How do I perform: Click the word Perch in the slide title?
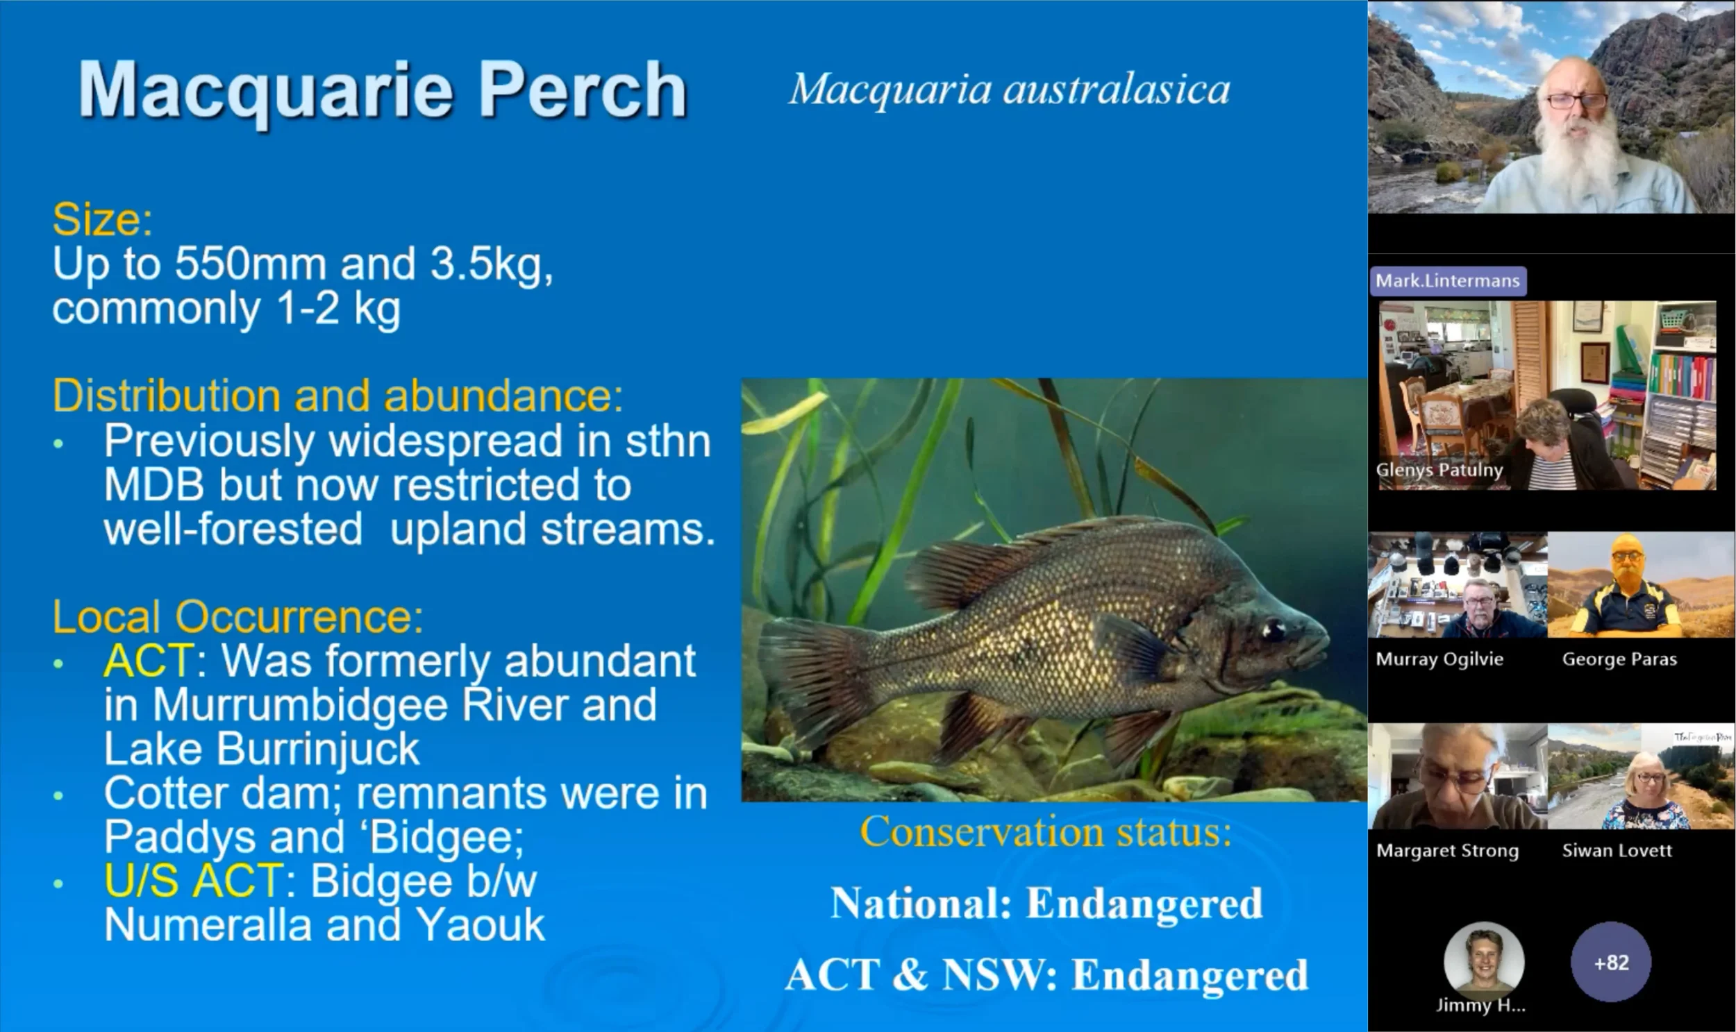click(583, 90)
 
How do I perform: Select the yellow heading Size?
click(102, 220)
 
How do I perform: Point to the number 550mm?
click(250, 264)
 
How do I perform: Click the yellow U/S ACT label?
click(194, 881)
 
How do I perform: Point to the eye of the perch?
click(1273, 629)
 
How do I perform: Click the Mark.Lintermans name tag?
click(1447, 281)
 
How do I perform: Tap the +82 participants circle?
click(1611, 963)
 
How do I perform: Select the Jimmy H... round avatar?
click(1483, 961)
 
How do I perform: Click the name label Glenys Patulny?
click(1439, 470)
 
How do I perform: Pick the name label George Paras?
click(1619, 659)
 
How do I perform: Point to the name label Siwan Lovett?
click(1617, 850)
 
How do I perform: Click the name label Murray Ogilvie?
click(1439, 659)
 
